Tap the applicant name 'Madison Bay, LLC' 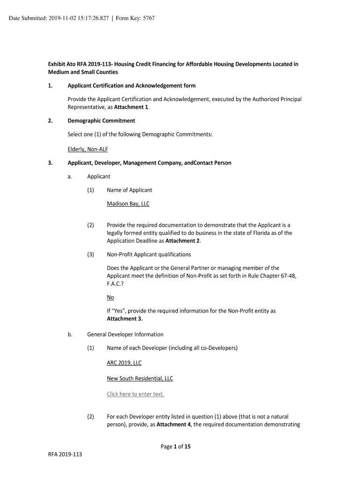128,204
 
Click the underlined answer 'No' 110,298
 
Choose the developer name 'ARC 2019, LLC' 124,363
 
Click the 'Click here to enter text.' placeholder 136,394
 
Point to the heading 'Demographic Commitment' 101,121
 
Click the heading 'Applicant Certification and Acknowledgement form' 132,86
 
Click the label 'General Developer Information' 125,334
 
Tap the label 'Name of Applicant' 130,190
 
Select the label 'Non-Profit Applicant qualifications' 149,254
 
